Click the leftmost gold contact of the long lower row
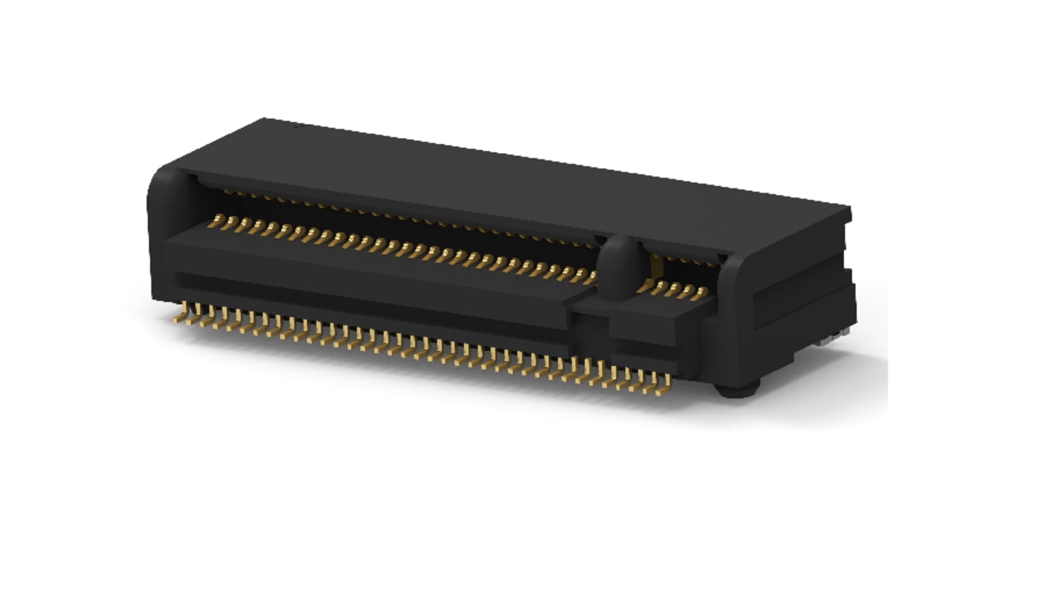coord(217,220)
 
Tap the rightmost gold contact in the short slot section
coord(699,294)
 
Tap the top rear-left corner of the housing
coord(265,119)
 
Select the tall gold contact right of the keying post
coord(655,264)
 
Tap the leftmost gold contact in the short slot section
coord(643,285)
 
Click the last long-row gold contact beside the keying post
coord(590,278)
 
